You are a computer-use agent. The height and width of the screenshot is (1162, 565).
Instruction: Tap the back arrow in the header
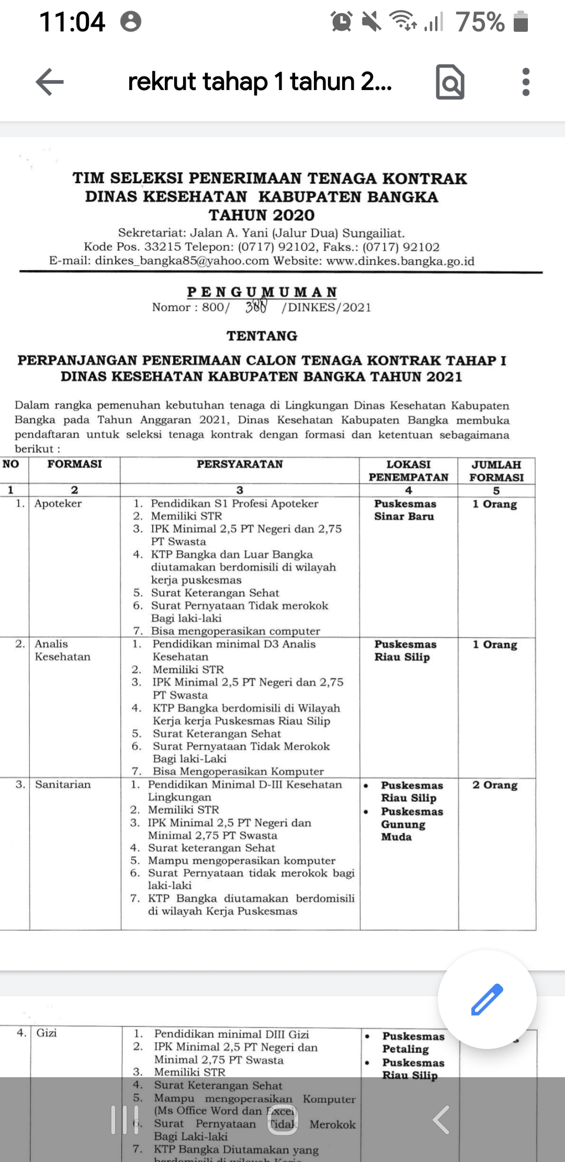pyautogui.click(x=50, y=82)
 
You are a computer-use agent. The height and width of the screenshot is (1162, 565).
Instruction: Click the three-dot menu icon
pyautogui.click(x=526, y=82)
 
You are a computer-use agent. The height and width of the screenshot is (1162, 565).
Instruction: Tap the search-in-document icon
pyautogui.click(x=450, y=82)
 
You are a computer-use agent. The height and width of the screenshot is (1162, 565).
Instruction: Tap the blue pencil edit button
pyautogui.click(x=487, y=999)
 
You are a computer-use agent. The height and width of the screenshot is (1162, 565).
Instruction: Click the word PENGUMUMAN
pyautogui.click(x=262, y=292)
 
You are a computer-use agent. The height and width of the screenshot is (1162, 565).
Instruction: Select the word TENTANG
pyautogui.click(x=262, y=336)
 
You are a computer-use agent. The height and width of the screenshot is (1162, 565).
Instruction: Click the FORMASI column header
pyautogui.click(x=74, y=464)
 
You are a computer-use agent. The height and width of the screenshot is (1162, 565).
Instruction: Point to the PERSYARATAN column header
pyautogui.click(x=240, y=464)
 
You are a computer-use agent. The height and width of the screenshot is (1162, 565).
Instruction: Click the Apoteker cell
pyautogui.click(x=58, y=504)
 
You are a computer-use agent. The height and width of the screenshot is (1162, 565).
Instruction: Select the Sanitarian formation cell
pyautogui.click(x=63, y=784)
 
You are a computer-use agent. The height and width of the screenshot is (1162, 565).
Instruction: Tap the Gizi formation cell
pyautogui.click(x=47, y=1033)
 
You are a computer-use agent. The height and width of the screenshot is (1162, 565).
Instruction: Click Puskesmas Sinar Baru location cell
pyautogui.click(x=405, y=510)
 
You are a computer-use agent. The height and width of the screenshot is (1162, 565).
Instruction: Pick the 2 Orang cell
pyautogui.click(x=495, y=785)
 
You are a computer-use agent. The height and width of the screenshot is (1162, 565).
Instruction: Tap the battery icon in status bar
pyautogui.click(x=521, y=23)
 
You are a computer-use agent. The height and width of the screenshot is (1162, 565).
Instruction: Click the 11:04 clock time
pyautogui.click(x=72, y=22)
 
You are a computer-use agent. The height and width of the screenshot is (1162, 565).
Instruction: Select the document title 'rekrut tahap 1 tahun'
pyautogui.click(x=259, y=82)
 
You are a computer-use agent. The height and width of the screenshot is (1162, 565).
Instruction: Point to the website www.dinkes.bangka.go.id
pyautogui.click(x=400, y=261)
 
